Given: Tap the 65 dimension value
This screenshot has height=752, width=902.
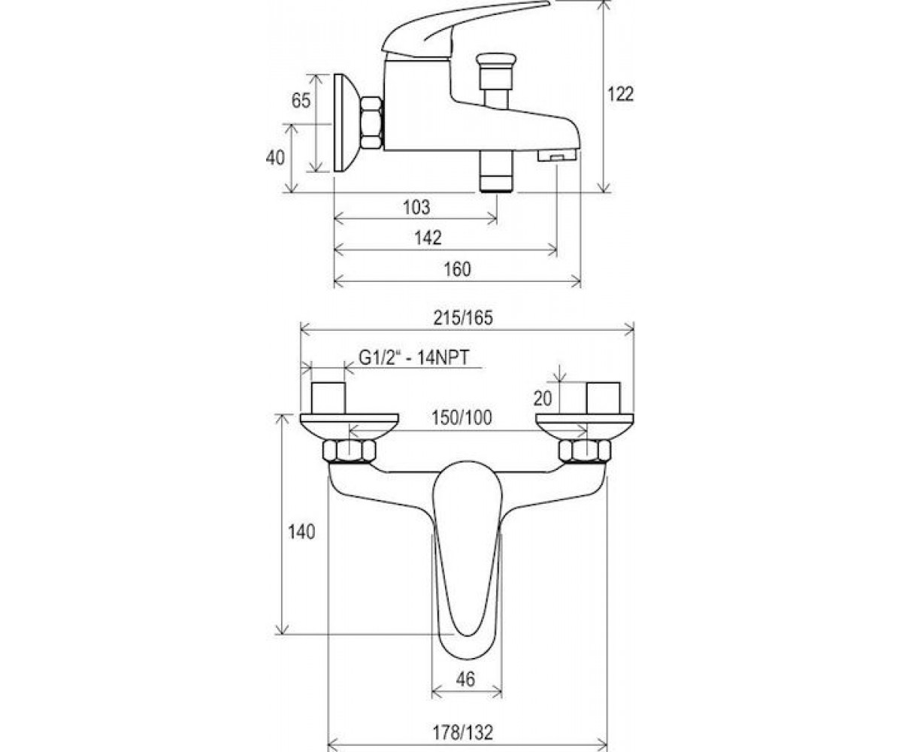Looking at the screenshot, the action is (301, 101).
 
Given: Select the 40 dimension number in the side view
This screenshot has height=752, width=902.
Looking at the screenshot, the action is (275, 158).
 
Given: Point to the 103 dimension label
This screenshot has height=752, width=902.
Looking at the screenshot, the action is (416, 208).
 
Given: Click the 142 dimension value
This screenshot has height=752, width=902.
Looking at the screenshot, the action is (428, 238).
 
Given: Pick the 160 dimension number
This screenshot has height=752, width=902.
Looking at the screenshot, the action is (457, 269).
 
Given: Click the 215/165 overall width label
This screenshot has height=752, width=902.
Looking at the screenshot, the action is (463, 319).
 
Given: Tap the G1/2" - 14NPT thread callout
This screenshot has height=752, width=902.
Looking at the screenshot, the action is (414, 358).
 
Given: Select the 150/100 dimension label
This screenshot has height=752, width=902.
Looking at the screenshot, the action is (462, 418).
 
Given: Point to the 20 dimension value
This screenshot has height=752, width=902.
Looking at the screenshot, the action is (542, 399).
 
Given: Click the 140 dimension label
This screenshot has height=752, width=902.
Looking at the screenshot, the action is (301, 532).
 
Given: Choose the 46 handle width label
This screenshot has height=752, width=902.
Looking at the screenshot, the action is (465, 680).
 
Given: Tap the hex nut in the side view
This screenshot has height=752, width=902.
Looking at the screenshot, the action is (371, 123).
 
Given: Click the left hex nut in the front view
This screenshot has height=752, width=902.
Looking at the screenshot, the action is (349, 450).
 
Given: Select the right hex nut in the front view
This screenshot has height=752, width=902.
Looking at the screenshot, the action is (585, 450).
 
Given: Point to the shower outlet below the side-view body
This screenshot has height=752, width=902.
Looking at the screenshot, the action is (496, 171).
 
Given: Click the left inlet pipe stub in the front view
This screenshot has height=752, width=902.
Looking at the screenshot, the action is (328, 398).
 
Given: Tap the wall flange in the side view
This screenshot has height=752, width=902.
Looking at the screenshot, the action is (345, 123).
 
